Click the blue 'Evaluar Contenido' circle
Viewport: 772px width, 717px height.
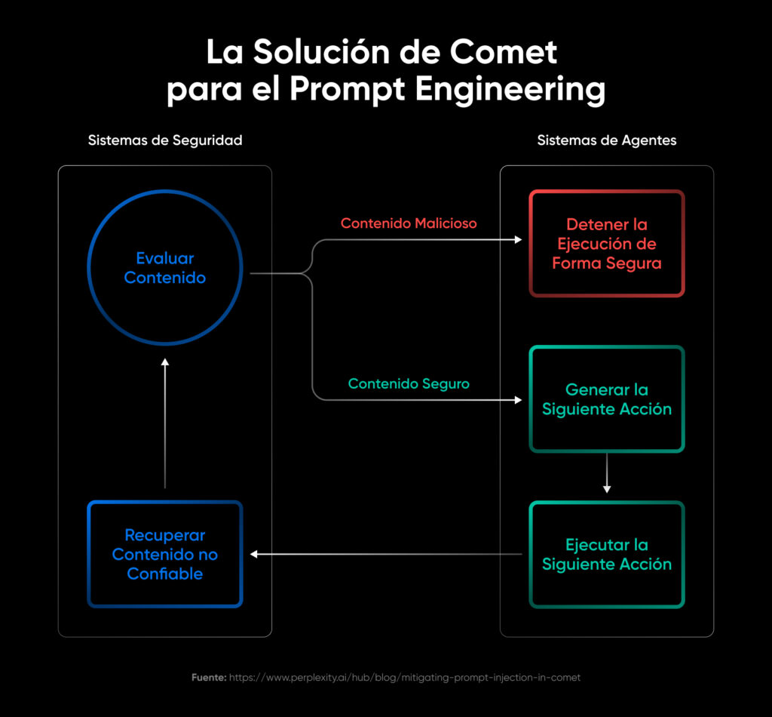coord(165,268)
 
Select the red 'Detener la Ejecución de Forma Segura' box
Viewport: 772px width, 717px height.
coord(607,244)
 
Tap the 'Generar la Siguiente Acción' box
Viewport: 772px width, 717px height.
coord(607,399)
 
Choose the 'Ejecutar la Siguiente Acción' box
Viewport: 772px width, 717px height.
coord(607,555)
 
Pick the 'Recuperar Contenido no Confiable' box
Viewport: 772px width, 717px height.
coord(165,555)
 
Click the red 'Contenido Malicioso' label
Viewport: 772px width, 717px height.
coord(409,223)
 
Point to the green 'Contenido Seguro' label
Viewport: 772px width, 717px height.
coord(409,384)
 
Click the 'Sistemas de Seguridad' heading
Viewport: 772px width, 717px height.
coord(165,140)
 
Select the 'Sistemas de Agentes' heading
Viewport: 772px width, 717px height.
coord(607,140)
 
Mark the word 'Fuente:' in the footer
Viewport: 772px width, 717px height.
coord(209,678)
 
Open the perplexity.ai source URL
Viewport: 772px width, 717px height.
coord(405,678)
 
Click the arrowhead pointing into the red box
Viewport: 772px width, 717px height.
coord(518,239)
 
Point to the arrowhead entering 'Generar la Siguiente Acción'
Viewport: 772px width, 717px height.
coord(518,400)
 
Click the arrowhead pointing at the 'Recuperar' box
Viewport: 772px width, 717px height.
coord(254,554)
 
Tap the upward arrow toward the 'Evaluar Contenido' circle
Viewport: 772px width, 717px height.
coord(165,364)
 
